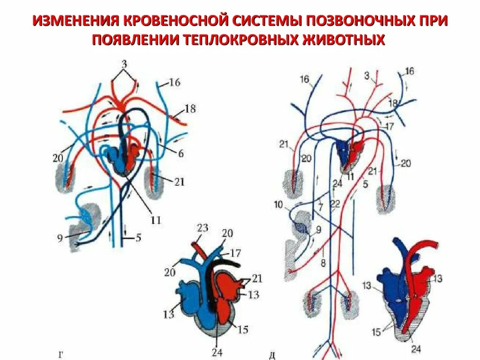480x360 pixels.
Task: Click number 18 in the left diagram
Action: pos(190,109)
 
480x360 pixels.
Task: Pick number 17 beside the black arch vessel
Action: pos(235,253)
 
